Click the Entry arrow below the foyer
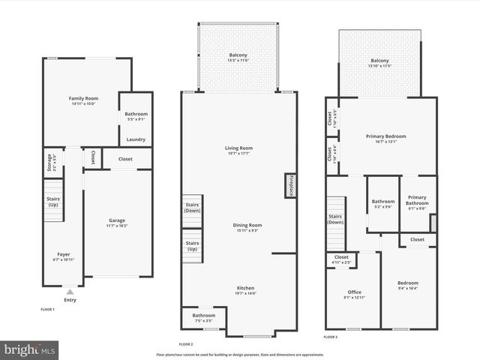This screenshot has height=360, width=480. [70, 292]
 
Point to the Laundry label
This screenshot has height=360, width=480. [136, 139]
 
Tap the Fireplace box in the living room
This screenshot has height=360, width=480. [290, 185]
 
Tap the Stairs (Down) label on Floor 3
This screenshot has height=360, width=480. [334, 219]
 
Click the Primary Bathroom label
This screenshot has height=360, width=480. [416, 200]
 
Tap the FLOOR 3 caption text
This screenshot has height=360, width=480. [331, 337]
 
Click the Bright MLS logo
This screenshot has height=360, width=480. [30, 349]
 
